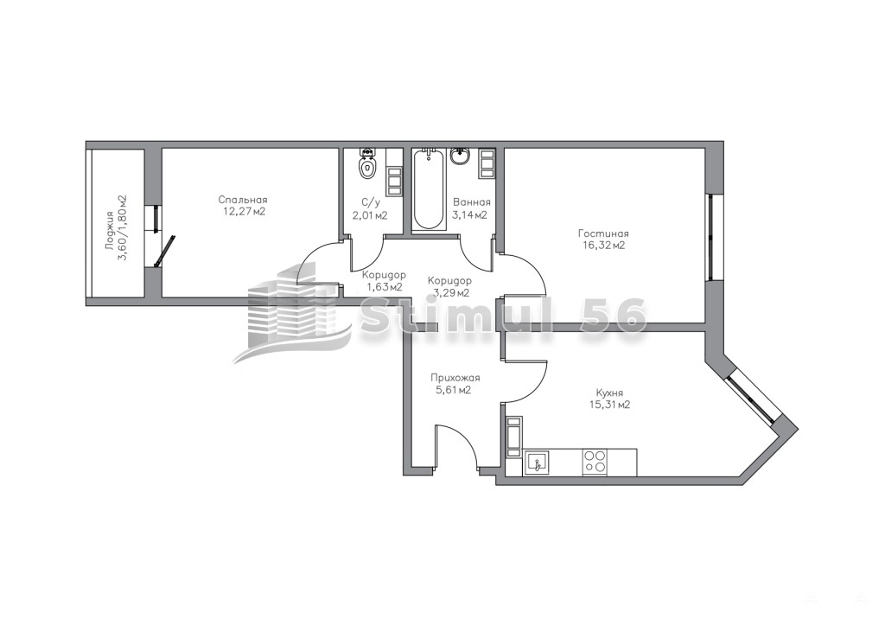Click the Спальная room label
point(243,200)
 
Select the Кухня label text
point(609,393)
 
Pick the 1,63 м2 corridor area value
point(385,287)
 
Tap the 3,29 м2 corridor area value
point(450,292)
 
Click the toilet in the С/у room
point(366,163)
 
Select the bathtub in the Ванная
point(429,189)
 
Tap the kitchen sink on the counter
point(537,463)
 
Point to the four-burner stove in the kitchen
point(595,461)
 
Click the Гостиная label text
point(603,233)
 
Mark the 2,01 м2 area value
point(370,215)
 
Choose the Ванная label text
point(471,202)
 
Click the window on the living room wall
point(712,237)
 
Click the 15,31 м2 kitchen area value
point(609,405)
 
